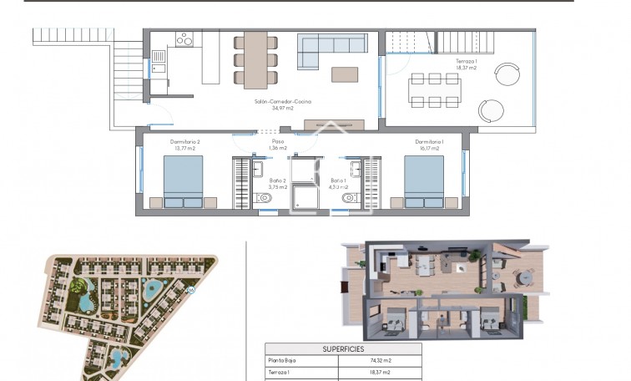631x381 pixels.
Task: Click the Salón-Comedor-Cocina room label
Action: [283, 104]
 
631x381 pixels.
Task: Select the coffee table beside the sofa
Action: [345, 74]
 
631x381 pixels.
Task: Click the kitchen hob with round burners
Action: [184, 38]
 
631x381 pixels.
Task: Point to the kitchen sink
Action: [159, 57]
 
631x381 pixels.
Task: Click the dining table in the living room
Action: [255, 58]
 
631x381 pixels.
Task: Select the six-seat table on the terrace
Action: [434, 89]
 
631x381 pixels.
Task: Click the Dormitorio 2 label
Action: [184, 145]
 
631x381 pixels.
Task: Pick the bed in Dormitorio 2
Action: [183, 180]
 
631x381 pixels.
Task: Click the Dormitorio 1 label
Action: [429, 145]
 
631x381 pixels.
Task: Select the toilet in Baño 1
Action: [349, 198]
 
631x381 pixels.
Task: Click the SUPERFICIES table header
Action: [343, 348]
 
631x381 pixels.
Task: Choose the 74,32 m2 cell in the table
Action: [380, 361]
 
